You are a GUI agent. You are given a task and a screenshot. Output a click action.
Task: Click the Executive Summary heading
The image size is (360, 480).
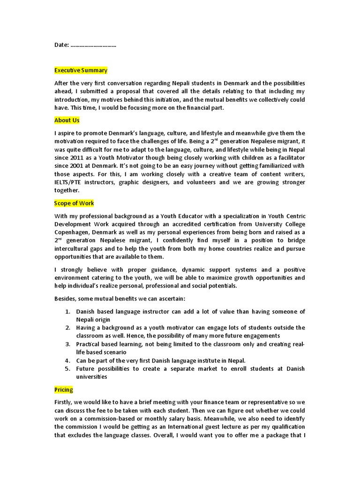tap(81, 70)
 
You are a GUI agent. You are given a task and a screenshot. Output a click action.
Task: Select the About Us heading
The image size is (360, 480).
tap(67, 120)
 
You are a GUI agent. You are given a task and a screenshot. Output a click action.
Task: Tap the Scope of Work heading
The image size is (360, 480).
tap(74, 203)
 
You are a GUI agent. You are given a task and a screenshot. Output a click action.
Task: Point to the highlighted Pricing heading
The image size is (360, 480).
tap(64, 390)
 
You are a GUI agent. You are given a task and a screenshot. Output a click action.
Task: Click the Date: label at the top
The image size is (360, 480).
tap(61, 45)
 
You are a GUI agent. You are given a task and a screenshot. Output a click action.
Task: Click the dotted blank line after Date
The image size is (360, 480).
tap(93, 45)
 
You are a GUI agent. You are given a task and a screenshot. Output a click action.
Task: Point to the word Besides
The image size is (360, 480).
tap(67, 299)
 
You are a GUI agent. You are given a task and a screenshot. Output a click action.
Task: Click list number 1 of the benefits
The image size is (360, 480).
tap(67, 312)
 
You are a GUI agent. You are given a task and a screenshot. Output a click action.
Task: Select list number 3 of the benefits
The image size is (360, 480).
tap(67, 344)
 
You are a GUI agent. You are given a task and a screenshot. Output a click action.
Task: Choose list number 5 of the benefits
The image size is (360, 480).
tap(67, 368)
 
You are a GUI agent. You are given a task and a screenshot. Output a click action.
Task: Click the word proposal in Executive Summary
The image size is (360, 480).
tap(157, 91)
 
